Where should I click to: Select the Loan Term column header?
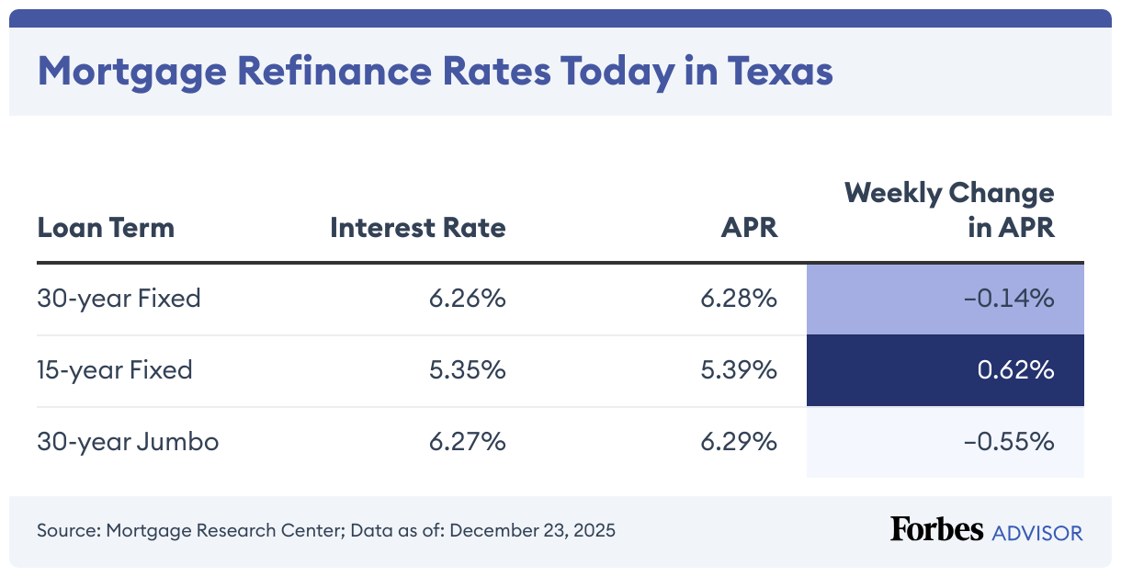[106, 227]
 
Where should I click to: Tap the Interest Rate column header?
[418, 227]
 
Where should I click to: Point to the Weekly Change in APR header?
[949, 210]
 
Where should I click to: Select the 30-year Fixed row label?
[119, 299]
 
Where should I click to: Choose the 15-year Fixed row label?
[115, 370]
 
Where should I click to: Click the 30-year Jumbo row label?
[128, 442]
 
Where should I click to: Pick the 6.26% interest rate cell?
[467, 299]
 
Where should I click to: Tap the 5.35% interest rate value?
[467, 370]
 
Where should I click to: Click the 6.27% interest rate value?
[467, 442]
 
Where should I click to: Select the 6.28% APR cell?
[739, 299]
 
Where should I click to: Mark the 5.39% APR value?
[739, 370]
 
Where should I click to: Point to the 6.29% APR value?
[739, 442]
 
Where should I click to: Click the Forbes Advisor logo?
[986, 530]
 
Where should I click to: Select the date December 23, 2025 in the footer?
[533, 530]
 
